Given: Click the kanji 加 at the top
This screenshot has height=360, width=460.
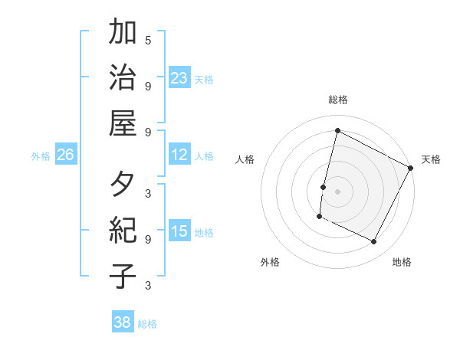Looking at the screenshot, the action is point(123,34).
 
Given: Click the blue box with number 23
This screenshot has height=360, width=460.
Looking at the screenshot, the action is point(179,77).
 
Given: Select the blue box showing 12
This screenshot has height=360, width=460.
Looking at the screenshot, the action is point(179,155).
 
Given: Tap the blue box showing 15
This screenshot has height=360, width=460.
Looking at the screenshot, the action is point(179,231).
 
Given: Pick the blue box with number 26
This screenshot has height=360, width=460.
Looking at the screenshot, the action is point(65,155).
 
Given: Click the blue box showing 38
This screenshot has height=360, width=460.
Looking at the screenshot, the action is point(122,322).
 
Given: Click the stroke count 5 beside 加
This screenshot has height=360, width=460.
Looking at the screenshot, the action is point(148,40).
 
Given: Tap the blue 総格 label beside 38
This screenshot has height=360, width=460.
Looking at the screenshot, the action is point(148,324).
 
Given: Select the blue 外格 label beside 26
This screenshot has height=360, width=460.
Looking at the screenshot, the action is point(41,156).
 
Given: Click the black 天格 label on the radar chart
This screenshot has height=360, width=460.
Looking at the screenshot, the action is point(432,159).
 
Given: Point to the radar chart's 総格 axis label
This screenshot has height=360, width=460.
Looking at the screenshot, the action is point(338,100).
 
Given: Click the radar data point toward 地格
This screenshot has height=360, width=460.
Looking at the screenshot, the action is point(374,242).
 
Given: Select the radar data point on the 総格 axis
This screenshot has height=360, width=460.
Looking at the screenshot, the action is point(337,130).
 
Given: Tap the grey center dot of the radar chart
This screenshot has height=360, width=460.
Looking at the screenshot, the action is point(337,191).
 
